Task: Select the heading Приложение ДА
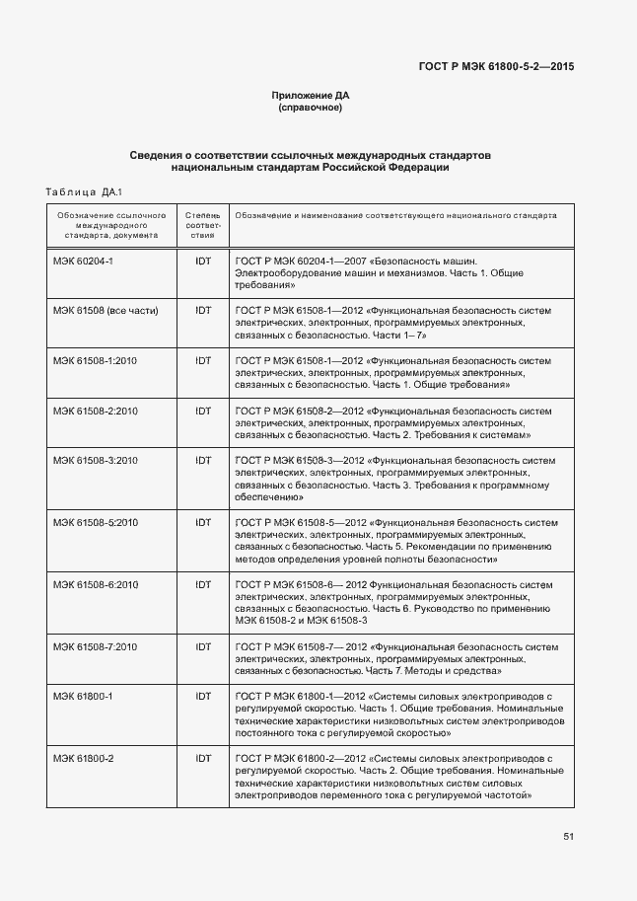coord(311,96)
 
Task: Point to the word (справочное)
coord(311,107)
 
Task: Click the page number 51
coord(569,837)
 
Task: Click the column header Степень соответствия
coord(203,225)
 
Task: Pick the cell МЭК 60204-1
coord(84,262)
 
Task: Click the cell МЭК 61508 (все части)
coord(106,310)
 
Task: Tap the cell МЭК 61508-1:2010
coord(95,360)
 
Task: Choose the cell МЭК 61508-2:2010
coord(95,411)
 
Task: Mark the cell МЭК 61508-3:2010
coord(95,460)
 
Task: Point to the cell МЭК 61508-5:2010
coord(95,522)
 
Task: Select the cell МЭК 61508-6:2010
coord(95,584)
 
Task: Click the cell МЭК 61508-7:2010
coord(95,646)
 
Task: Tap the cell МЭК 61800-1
coord(84,696)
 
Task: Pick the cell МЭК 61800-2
coord(84,758)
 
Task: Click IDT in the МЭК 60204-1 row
coord(203,262)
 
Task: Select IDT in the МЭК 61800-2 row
coord(203,758)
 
